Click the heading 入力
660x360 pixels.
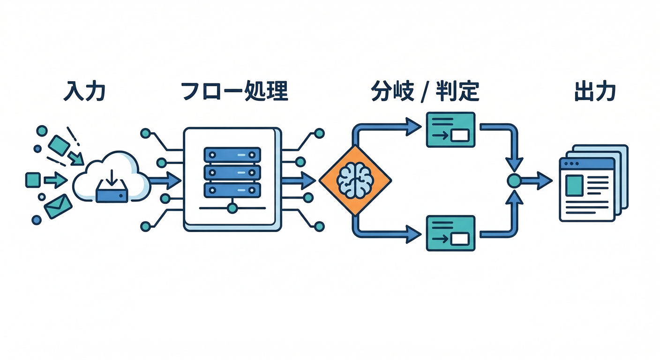click(84, 92)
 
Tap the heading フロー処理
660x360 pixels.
click(233, 92)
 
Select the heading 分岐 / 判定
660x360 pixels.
click(425, 92)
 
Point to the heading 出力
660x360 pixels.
click(594, 92)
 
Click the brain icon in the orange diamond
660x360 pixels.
click(355, 180)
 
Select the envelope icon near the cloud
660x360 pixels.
click(58, 206)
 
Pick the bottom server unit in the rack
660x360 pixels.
click(232, 190)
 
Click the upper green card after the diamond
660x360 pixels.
click(450, 129)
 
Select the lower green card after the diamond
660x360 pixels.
click(450, 233)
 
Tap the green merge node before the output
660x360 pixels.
click(514, 180)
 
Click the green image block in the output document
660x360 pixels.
click(574, 185)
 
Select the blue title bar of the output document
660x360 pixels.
click(587, 164)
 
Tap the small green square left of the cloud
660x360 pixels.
click(32, 180)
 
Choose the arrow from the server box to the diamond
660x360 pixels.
click(300, 180)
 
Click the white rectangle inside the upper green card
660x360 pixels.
click(460, 136)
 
